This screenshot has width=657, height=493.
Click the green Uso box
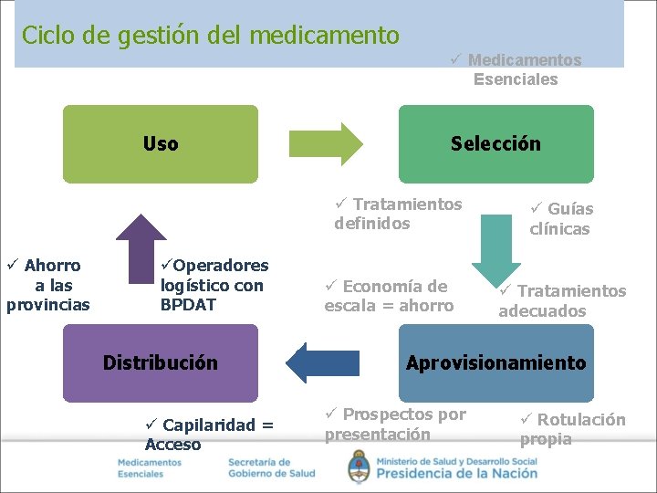point(160,144)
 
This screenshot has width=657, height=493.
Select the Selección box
point(495,144)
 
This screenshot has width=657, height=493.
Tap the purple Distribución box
point(161,363)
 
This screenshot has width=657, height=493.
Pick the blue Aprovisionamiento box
point(495,363)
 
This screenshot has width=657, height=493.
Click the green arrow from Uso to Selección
point(326,144)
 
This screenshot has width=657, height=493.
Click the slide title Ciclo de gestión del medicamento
point(211,36)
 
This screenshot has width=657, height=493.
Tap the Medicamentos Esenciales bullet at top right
point(516,69)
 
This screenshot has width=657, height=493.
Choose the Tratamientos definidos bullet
point(398,214)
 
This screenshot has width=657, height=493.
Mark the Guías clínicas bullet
point(559,219)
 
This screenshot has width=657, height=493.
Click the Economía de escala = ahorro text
point(389,296)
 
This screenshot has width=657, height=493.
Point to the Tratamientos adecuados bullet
point(562,300)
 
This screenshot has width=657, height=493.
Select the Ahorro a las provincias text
point(47,285)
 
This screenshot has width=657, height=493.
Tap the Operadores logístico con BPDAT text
point(214,285)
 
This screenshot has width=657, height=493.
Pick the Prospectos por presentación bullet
point(395,425)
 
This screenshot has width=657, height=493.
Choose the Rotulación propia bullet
point(572,429)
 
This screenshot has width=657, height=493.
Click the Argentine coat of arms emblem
point(358,467)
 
